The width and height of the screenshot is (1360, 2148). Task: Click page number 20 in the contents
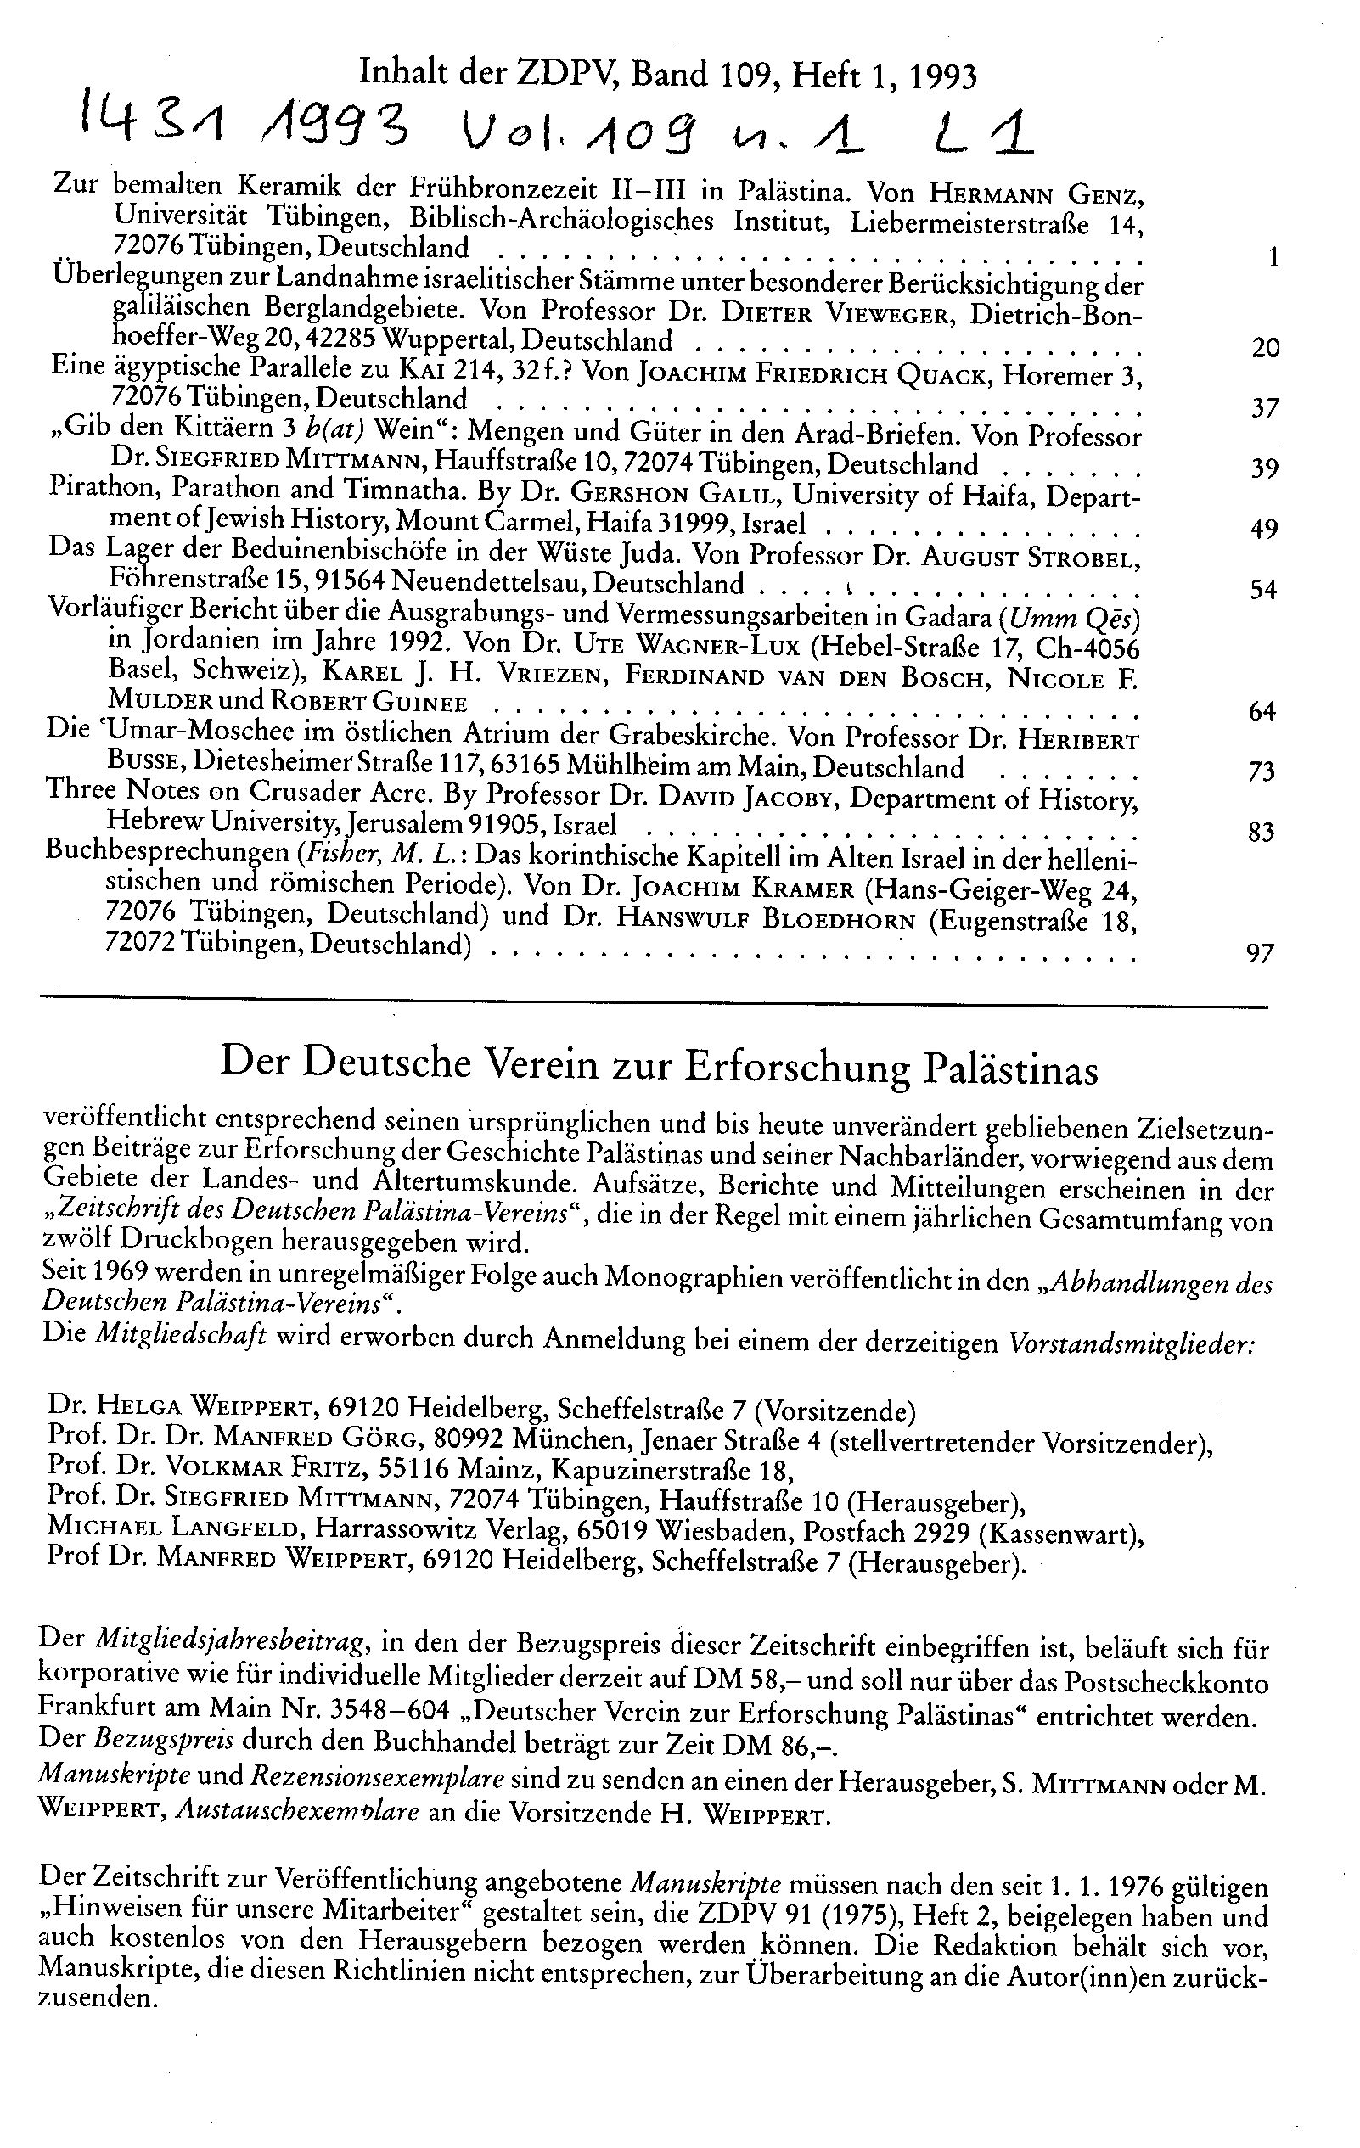click(x=1266, y=347)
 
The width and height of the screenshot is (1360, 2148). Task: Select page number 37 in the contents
click(x=1266, y=407)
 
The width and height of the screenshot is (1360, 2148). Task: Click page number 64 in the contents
click(x=1262, y=711)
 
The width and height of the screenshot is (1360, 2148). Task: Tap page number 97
click(x=1260, y=954)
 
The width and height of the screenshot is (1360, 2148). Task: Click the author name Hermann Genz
click(x=1032, y=193)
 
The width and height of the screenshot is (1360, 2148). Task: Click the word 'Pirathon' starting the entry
click(x=101, y=491)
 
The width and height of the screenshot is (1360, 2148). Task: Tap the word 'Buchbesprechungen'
click(x=166, y=859)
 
